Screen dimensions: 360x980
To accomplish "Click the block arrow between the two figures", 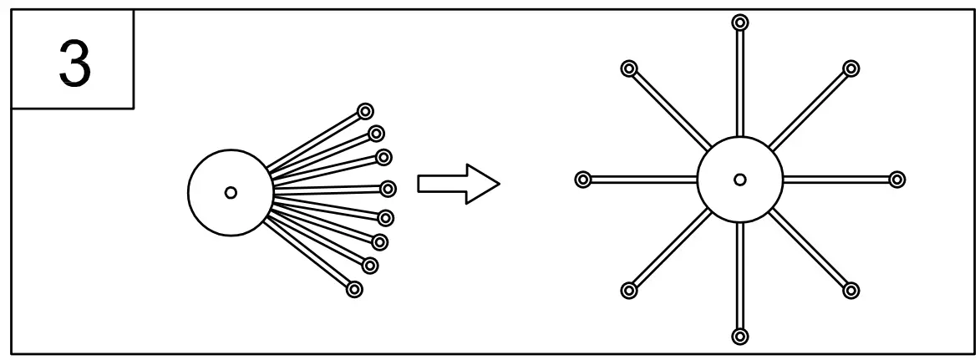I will point(458,183).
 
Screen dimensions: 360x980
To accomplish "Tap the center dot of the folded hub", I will point(231,192).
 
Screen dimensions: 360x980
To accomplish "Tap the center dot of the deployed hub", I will point(739,179).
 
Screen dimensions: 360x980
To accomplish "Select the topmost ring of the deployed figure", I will point(739,22).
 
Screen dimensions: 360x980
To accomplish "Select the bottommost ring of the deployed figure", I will point(739,337).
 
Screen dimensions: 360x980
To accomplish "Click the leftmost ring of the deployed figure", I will point(583,179).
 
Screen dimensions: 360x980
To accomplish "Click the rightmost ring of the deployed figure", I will point(896,179).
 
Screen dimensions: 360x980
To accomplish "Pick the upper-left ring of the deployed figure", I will point(629,68).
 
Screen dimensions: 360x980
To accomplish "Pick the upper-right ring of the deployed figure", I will point(851,68).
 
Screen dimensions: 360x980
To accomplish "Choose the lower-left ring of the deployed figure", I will point(629,290).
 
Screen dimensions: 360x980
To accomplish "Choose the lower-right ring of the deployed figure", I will point(851,290).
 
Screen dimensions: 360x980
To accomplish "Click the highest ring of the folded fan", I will point(364,110).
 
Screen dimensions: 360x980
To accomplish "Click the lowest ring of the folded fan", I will point(353,289).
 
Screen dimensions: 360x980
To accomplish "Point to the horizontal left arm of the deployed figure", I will point(643,179).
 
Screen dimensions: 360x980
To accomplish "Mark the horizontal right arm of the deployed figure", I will point(835,179).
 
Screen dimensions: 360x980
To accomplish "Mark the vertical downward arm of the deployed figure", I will point(739,276).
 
